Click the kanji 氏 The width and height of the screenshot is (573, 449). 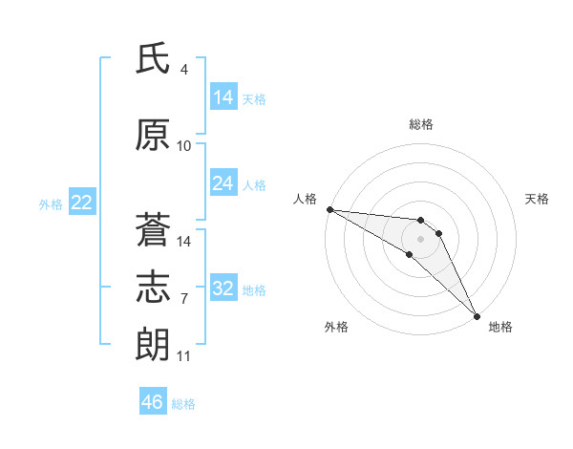[153, 59]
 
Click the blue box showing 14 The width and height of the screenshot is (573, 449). [223, 97]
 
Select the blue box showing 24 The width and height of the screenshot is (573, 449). [223, 183]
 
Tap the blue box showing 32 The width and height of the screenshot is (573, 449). [223, 289]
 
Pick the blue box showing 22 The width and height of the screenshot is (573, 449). [81, 203]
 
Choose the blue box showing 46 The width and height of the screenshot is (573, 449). [153, 402]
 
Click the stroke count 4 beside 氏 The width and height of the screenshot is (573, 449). [184, 70]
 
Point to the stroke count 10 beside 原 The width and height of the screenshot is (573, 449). [184, 146]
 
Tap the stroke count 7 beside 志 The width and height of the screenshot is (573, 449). [184, 299]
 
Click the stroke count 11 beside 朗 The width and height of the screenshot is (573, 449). [184, 356]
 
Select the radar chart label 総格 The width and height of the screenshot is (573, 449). [421, 124]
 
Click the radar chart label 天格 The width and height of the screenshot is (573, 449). [538, 199]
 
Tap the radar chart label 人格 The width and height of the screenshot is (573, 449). [305, 199]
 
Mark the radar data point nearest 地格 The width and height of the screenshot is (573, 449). [477, 315]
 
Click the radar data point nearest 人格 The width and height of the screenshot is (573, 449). [329, 209]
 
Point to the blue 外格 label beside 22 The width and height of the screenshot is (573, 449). [51, 203]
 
